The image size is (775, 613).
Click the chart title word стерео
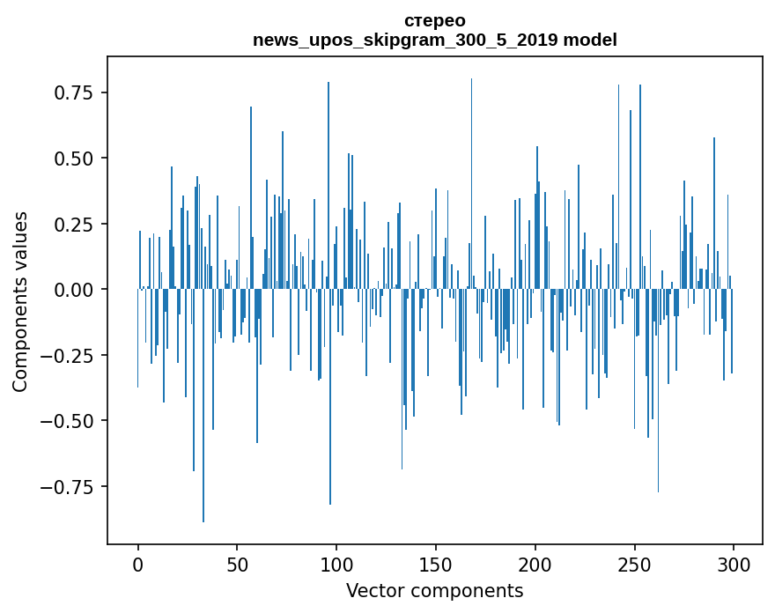[x=435, y=20]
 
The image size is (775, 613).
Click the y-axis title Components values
[x=20, y=301]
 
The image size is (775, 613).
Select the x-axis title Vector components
[x=435, y=591]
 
